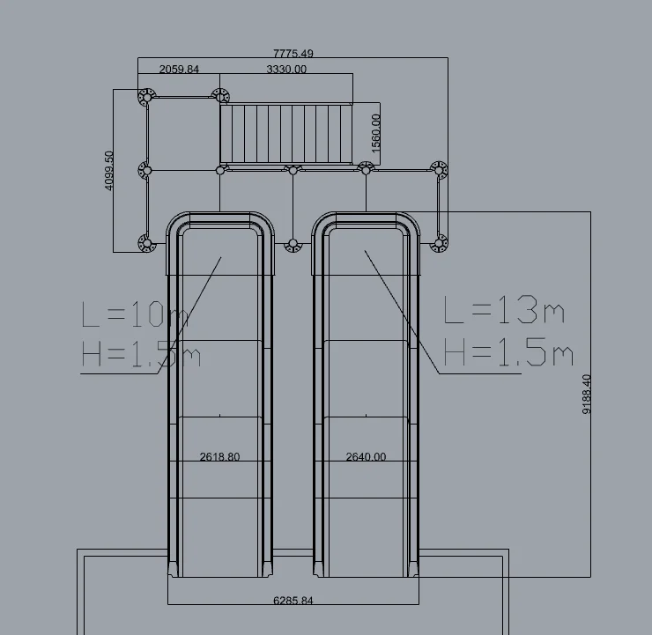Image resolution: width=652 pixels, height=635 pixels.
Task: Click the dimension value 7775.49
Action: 293,54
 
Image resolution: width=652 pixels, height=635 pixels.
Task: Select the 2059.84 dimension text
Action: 179,69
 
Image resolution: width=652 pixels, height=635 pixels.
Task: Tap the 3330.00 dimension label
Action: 286,69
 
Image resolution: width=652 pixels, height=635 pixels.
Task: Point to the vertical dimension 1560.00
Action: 375,133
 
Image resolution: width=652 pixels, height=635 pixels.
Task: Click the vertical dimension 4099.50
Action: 108,170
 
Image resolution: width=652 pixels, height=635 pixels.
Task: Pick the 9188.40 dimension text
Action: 586,395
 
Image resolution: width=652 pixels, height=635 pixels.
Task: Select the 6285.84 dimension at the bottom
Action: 293,601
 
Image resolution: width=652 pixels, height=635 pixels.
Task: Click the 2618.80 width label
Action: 219,457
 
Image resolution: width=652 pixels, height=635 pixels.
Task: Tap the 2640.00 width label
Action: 366,457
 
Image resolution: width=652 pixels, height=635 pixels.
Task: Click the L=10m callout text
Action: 135,314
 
